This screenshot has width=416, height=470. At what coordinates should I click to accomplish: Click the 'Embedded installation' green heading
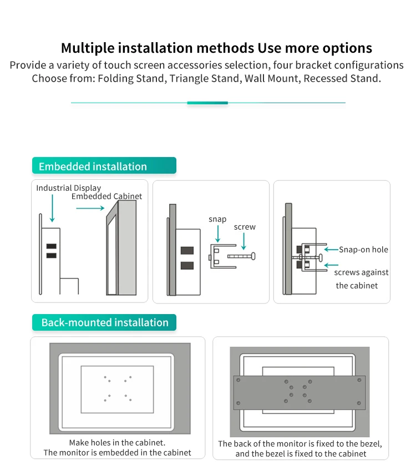[x=93, y=166]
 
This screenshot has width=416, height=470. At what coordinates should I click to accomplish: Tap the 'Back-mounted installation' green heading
[x=104, y=322]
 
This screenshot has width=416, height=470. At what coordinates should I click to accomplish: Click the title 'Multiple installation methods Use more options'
[x=216, y=48]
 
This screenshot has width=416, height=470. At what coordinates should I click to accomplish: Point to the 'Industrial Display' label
[x=69, y=188]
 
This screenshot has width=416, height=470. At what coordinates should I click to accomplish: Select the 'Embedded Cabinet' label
[x=106, y=196]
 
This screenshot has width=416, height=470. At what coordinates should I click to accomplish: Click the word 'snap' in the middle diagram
[x=217, y=219]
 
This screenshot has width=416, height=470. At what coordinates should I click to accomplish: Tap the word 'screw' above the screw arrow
[x=245, y=227]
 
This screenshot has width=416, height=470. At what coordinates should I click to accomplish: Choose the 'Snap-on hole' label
[x=363, y=250]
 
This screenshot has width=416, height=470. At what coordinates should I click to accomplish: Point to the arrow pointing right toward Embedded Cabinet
[x=90, y=208]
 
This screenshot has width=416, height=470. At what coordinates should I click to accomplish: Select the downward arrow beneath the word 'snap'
[x=218, y=235]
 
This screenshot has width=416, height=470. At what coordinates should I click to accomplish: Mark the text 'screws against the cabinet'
[x=361, y=279]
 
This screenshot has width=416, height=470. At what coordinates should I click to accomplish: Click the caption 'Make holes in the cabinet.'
[x=117, y=443]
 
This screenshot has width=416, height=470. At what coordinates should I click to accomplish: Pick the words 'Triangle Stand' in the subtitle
[x=204, y=78]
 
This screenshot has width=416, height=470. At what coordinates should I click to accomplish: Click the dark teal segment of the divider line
[x=207, y=103]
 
